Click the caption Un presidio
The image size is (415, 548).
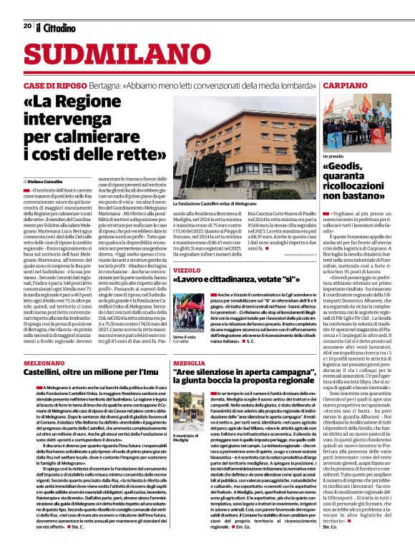click(334, 155)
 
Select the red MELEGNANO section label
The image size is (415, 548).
click(46, 363)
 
